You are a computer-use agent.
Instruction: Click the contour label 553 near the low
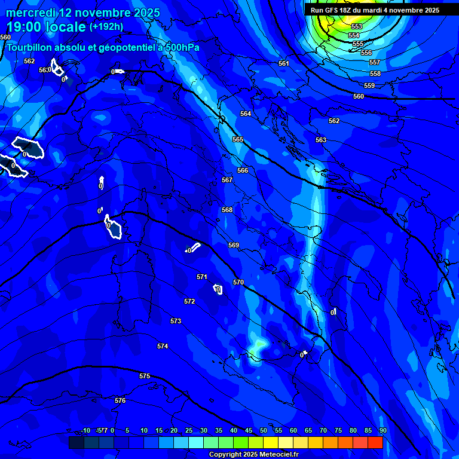point(357,27)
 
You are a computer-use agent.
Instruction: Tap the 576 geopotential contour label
point(120,400)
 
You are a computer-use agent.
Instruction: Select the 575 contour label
point(145,376)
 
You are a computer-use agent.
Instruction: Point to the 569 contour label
point(234,245)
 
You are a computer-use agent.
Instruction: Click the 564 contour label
point(246,114)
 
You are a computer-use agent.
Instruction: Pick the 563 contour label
point(321,140)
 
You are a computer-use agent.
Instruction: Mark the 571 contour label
point(202,277)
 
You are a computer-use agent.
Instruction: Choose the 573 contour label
point(175,321)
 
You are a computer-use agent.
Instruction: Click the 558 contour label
point(375,74)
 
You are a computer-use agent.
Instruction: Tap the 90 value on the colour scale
point(382,430)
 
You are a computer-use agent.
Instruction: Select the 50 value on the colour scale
point(264,430)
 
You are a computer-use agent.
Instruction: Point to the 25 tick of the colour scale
point(189,430)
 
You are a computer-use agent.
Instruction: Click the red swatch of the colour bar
point(375,442)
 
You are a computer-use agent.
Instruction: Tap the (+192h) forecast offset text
point(106,27)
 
